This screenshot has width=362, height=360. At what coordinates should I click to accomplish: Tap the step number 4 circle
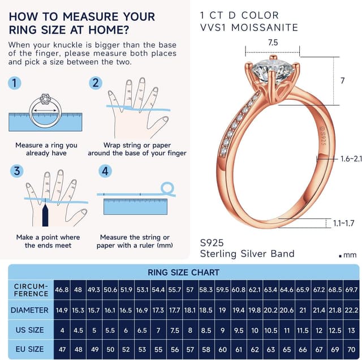tap(105, 171)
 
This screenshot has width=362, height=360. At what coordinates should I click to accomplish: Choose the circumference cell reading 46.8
tap(62, 290)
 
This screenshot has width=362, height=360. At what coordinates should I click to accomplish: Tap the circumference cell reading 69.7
tap(351, 290)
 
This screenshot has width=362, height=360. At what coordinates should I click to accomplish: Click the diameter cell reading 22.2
tap(351, 310)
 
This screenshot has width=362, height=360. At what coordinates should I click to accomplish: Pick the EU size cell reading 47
tap(62, 349)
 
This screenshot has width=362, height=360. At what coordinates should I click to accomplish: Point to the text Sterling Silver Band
tap(247, 254)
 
